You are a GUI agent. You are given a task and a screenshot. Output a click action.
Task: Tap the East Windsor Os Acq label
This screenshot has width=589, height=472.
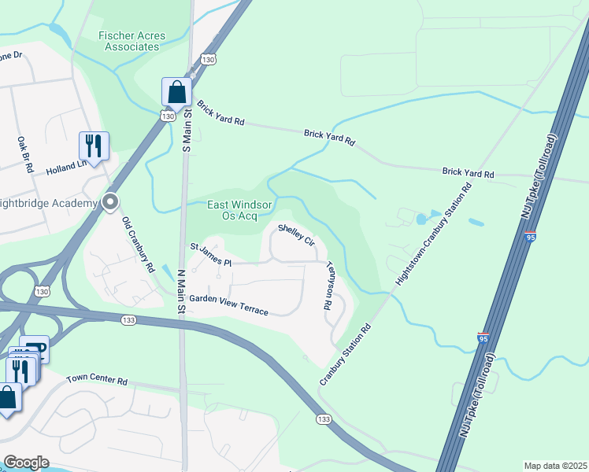pyautogui.click(x=239, y=210)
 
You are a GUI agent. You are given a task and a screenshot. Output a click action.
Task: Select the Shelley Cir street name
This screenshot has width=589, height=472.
pyautogui.click(x=297, y=234)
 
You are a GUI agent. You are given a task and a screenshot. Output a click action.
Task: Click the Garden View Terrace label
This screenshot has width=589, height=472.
pyautogui.click(x=228, y=305)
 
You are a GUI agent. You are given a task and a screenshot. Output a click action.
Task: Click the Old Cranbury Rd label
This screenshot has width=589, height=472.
pyautogui.click(x=139, y=245)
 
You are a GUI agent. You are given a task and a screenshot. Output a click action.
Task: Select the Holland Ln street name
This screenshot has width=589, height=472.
pyautogui.click(x=67, y=165)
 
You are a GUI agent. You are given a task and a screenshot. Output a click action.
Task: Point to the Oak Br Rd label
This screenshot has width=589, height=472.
pyautogui.click(x=24, y=154)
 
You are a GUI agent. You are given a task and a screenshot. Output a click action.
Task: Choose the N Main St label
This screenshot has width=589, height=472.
pyautogui.click(x=180, y=292)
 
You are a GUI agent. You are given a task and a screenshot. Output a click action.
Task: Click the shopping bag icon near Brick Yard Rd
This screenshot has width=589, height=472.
pyautogui.click(x=176, y=91)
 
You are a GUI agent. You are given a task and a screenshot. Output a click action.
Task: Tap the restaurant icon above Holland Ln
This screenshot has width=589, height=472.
pyautogui.click(x=93, y=146)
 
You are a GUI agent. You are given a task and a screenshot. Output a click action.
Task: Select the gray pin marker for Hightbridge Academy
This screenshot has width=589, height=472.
pyautogui.click(x=111, y=202)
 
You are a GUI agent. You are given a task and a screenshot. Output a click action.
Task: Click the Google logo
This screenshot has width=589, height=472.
pyautogui.click(x=25, y=463)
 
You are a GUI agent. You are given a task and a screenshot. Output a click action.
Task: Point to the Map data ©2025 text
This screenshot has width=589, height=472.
pyautogui.click(x=554, y=466)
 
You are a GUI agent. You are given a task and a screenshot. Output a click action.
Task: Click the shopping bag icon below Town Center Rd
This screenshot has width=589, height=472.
pyautogui.click(x=7, y=396)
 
